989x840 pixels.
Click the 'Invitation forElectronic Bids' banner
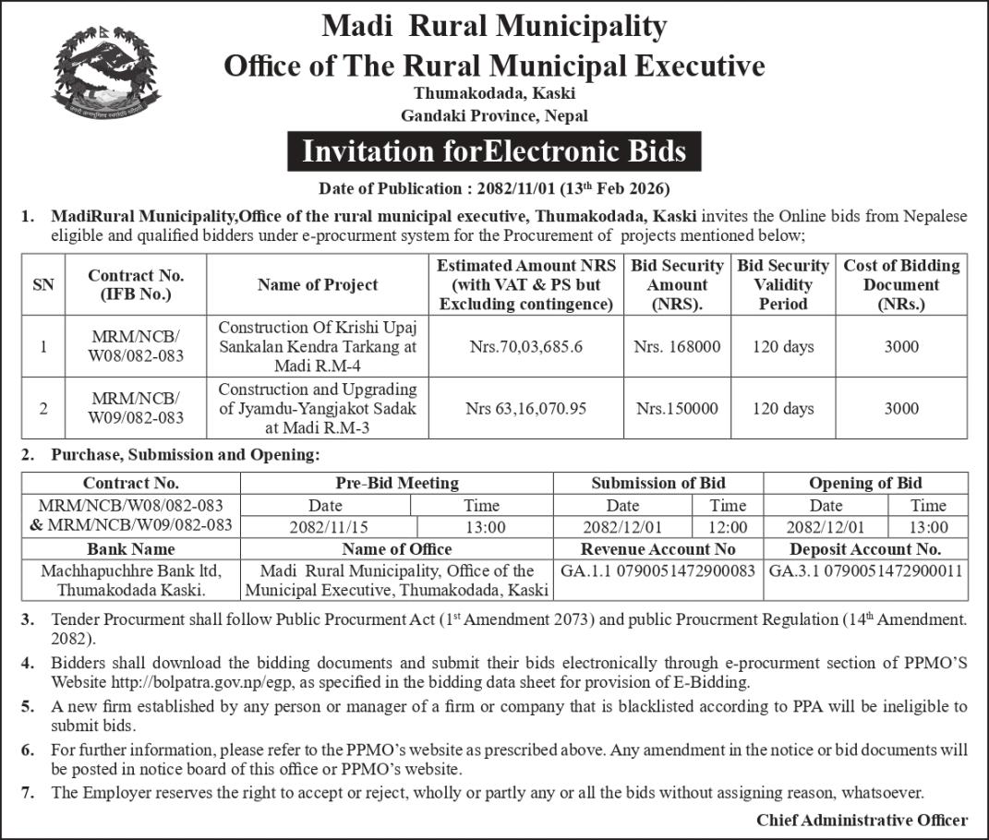(494, 151)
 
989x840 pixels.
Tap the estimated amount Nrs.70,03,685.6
(526, 347)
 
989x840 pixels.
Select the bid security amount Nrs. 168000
(677, 347)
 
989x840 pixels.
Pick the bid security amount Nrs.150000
(677, 408)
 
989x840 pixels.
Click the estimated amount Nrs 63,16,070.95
(526, 408)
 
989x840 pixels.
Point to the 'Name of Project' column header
(318, 285)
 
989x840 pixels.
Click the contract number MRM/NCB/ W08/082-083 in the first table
(136, 347)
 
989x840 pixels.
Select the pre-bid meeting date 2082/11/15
(325, 528)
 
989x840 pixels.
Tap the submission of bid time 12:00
(728, 528)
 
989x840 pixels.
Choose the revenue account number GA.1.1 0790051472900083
(658, 571)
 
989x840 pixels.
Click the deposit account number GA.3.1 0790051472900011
(865, 571)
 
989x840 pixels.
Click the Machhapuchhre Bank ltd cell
(131, 580)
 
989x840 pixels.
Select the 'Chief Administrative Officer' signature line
(862, 820)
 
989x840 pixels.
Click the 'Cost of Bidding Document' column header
(901, 285)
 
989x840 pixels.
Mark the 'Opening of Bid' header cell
(865, 483)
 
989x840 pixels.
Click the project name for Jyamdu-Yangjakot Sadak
(318, 408)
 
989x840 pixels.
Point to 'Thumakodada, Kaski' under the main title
(494, 93)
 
